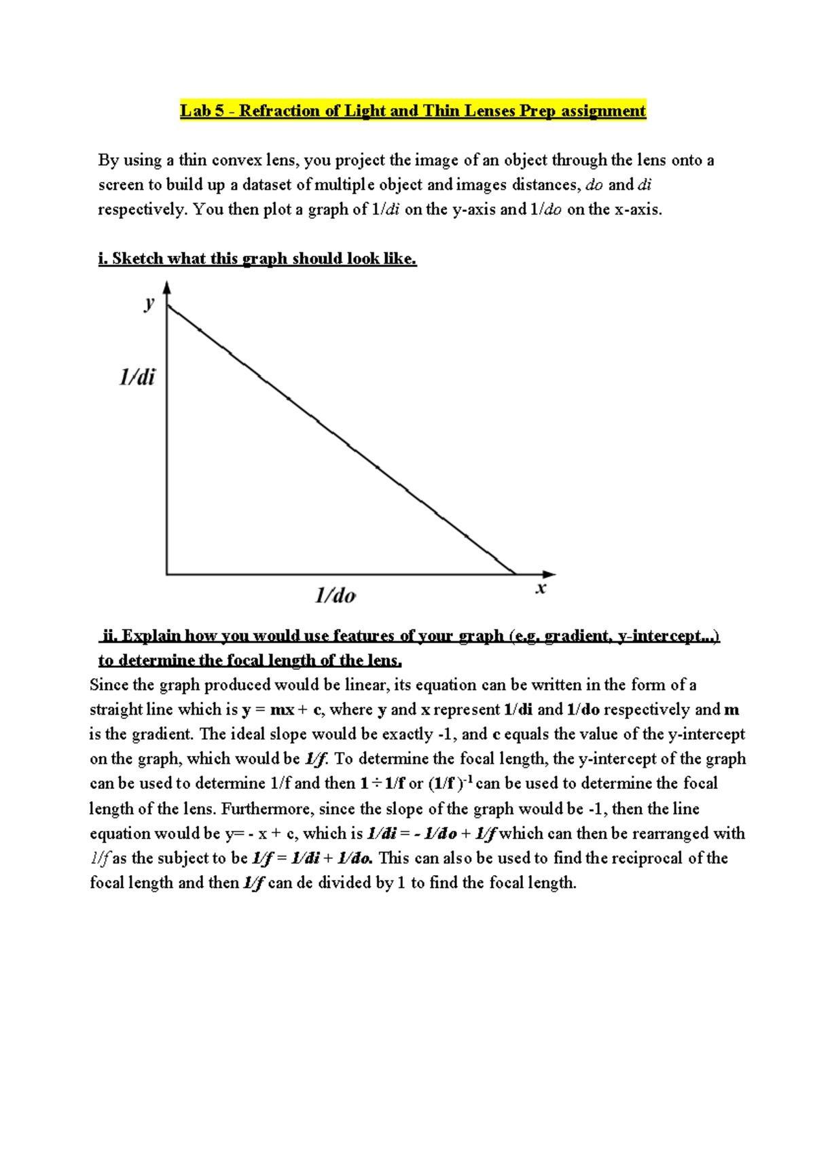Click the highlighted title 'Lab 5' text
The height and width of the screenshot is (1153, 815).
[202, 111]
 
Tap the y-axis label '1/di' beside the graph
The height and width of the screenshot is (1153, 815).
[137, 376]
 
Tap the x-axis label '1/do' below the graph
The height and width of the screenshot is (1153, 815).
[335, 596]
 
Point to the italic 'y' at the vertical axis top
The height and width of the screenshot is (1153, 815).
[149, 302]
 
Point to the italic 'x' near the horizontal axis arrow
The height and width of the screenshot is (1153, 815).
[541, 588]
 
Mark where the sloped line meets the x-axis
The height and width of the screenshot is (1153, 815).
[515, 574]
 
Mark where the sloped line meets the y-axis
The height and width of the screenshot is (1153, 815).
[167, 307]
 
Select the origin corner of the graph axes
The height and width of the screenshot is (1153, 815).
[167, 575]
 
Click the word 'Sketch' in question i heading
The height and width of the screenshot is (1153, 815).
[138, 259]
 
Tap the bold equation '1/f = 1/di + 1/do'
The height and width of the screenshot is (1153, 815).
[312, 858]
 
